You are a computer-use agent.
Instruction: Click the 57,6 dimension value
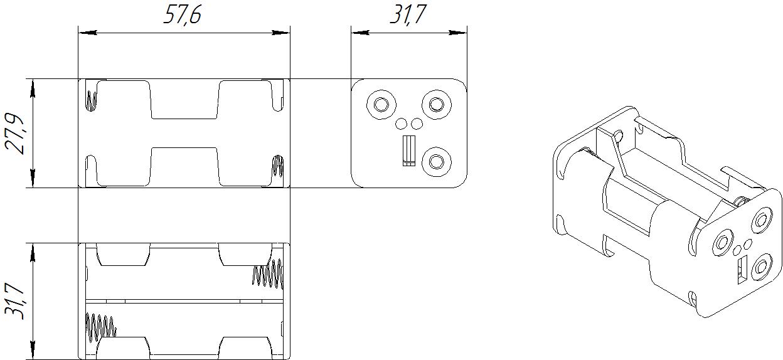pyautogui.click(x=182, y=14)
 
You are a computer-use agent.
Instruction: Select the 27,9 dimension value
pyautogui.click(x=16, y=133)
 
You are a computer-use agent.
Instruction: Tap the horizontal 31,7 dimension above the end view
pyautogui.click(x=408, y=14)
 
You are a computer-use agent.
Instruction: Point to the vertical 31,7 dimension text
pyautogui.click(x=16, y=301)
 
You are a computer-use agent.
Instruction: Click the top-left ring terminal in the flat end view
pyautogui.click(x=381, y=103)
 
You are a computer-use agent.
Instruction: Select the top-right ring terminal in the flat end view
pyautogui.click(x=435, y=103)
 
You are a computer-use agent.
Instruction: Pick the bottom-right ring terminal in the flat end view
pyautogui.click(x=435, y=162)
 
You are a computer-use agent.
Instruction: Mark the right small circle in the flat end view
pyautogui.click(x=416, y=123)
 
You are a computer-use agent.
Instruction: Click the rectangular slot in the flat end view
pyautogui.click(x=408, y=151)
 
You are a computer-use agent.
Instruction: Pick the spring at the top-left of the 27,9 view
pyautogui.click(x=92, y=100)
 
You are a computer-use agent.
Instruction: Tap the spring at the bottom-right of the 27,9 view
pyautogui.click(x=277, y=167)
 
